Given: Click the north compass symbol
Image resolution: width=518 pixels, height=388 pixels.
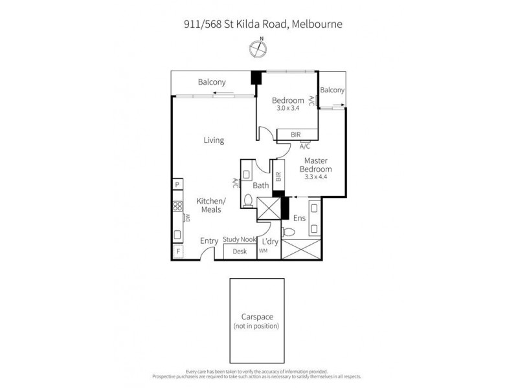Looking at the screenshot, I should click(259, 47).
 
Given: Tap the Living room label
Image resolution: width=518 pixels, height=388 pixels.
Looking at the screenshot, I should click(213, 140).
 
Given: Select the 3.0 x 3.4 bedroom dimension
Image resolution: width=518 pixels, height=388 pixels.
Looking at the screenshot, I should click(287, 109).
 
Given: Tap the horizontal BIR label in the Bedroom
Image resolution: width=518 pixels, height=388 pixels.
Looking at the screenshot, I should click(296, 135).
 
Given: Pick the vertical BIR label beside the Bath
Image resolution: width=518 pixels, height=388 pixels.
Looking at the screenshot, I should click(278, 175).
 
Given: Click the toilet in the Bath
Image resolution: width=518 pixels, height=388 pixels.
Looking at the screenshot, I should click(248, 200).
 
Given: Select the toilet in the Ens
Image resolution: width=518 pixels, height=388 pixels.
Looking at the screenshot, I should click(288, 232).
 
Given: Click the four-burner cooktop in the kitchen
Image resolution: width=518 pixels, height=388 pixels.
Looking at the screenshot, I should click(177, 208).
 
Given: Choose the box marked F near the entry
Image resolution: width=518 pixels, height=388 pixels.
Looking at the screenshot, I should click(177, 252).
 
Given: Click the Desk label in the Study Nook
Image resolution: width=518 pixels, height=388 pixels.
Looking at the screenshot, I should click(240, 251).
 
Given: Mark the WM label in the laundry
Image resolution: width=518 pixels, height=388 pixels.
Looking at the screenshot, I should click(263, 250).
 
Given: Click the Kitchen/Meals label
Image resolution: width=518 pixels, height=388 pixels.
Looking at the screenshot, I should click(210, 205).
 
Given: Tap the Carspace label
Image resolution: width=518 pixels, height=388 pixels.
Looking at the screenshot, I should click(256, 318).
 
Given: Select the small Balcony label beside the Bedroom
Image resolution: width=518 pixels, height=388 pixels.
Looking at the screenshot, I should click(332, 91).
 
